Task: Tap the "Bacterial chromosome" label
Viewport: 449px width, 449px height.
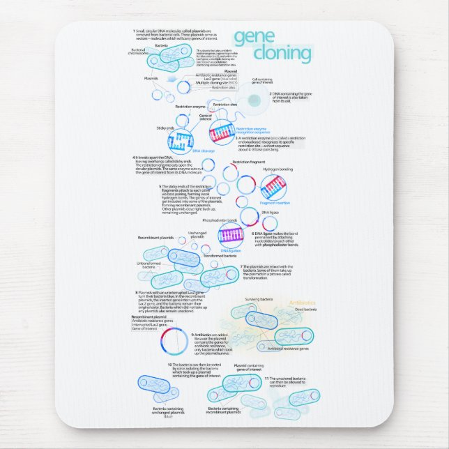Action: coord(138,52)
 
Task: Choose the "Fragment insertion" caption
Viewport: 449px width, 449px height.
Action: coord(274,203)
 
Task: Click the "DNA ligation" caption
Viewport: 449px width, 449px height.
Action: coord(230,250)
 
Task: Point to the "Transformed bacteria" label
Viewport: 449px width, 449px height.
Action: coord(219,256)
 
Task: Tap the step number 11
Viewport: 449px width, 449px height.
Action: coord(267,377)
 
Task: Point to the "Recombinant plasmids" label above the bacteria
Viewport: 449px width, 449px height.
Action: coord(155,238)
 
